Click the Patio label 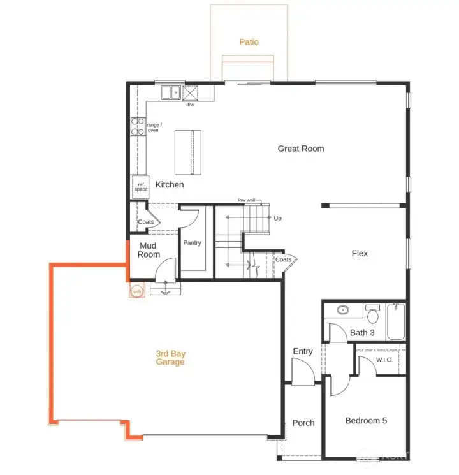[x=249, y=42]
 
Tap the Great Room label [x=300, y=149]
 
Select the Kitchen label [x=170, y=185]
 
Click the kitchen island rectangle [x=188, y=152]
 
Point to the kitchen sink [x=170, y=94]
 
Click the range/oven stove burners [x=138, y=127]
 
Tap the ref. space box [x=140, y=186]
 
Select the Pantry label [x=192, y=243]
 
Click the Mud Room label [x=149, y=250]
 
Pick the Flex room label [x=360, y=253]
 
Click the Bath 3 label [x=362, y=332]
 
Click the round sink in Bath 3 [x=343, y=311]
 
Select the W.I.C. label [x=384, y=360]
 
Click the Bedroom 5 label [x=366, y=421]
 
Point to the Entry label [x=303, y=351]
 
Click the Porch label [x=303, y=423]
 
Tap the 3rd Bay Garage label [x=170, y=358]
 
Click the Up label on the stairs [x=277, y=218]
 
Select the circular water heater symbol [x=136, y=292]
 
